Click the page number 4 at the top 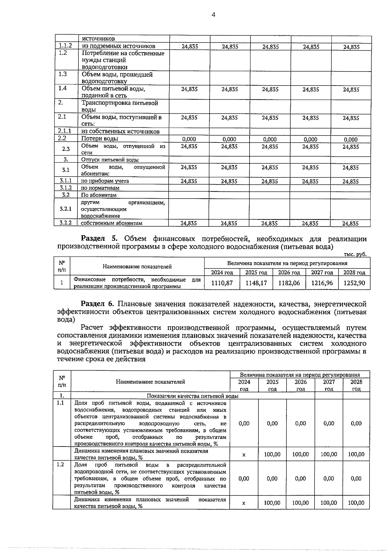214,15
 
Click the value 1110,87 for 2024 222,283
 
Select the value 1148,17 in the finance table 256,283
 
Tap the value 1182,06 289,283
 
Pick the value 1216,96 322,283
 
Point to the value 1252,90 354,283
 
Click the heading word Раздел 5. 101,239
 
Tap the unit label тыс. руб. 355,254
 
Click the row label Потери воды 100,138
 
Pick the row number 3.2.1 66,209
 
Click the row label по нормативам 100,188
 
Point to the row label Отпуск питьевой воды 110,160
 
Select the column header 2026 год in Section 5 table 289,272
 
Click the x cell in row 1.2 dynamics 244,503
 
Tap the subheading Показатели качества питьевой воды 192,396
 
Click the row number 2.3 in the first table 66,149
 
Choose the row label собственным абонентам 112,223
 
